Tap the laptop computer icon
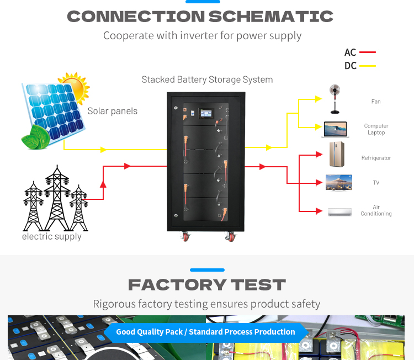coord(336,130)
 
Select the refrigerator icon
coord(336,155)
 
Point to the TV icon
coord(339,182)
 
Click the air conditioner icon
coord(339,211)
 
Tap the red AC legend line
coord(367,52)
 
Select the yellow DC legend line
coord(367,66)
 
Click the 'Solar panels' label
coord(112,111)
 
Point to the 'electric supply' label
coord(51,236)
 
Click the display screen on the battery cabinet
coord(209,113)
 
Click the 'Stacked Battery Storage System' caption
coord(207,80)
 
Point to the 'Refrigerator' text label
coord(376,158)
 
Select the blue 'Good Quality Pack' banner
coord(205,332)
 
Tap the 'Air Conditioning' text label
coord(376,210)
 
